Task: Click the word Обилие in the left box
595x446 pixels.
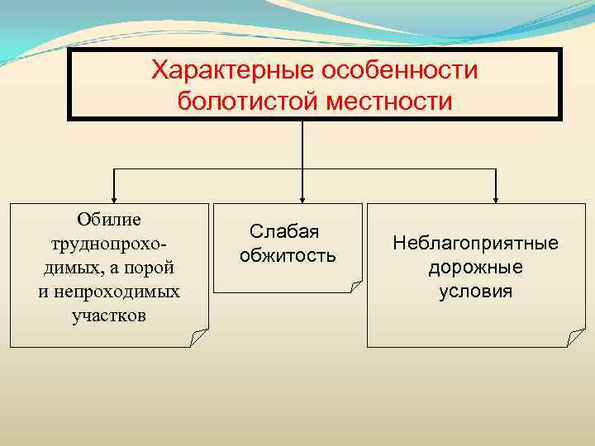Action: click(x=109, y=219)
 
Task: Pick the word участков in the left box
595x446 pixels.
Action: click(x=109, y=316)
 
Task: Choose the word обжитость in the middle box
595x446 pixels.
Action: click(x=288, y=255)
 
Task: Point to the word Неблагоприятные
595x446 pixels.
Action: click(x=475, y=244)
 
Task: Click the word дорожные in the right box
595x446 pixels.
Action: click(x=475, y=268)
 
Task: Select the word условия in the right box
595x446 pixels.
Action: click(x=475, y=292)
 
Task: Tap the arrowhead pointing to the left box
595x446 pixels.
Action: click(x=113, y=197)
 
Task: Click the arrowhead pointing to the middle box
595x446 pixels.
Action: click(x=302, y=197)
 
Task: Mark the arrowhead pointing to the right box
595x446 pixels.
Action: click(x=495, y=197)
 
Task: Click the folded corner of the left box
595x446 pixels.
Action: click(x=198, y=337)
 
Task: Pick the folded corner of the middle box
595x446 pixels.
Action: click(x=354, y=286)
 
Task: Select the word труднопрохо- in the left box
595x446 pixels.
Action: click(x=109, y=244)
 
